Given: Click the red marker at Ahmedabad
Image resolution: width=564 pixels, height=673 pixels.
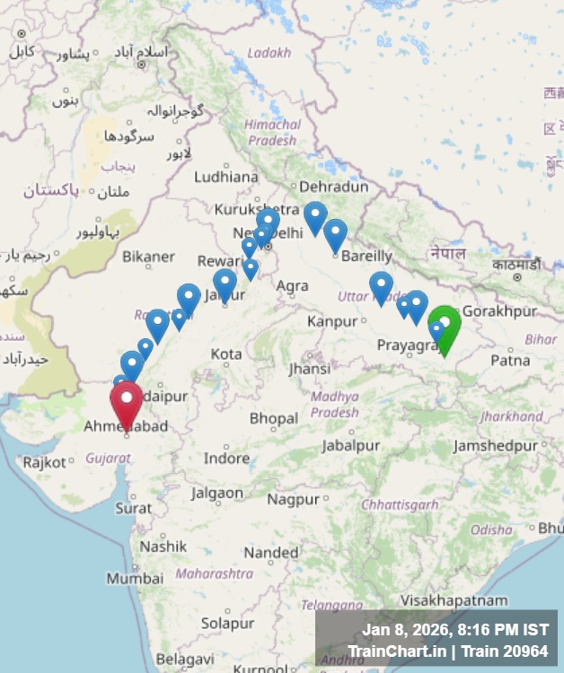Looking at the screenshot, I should pyautogui.click(x=126, y=401).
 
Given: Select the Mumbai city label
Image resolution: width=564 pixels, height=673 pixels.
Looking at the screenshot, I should pyautogui.click(x=135, y=579).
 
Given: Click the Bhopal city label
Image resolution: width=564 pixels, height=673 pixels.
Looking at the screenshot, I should pyautogui.click(x=273, y=418).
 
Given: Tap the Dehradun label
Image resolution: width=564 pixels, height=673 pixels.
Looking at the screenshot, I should pyautogui.click(x=333, y=187).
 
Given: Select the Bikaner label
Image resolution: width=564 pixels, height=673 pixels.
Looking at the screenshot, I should pyautogui.click(x=148, y=257).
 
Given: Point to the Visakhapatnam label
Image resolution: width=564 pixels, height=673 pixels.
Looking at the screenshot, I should pyautogui.click(x=454, y=599).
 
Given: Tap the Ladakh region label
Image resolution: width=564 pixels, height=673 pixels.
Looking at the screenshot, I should pyautogui.click(x=269, y=53).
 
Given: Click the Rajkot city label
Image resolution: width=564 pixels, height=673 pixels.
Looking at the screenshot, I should pyautogui.click(x=45, y=463).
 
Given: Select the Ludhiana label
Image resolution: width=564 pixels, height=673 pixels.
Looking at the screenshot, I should pyautogui.click(x=225, y=177).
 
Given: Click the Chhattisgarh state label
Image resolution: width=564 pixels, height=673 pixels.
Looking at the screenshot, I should pyautogui.click(x=400, y=505).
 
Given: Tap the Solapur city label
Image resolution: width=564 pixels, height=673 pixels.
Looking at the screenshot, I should pyautogui.click(x=227, y=623).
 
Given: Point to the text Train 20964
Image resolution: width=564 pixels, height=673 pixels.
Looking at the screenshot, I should pyautogui.click(x=507, y=651).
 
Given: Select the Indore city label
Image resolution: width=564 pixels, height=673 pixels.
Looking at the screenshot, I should pyautogui.click(x=226, y=459).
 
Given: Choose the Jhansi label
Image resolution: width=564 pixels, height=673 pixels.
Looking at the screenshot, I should pyautogui.click(x=309, y=369).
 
